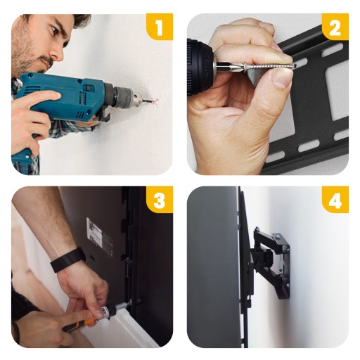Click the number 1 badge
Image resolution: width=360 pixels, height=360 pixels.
[x=160, y=27]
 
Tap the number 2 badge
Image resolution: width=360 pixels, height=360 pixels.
[x=335, y=27]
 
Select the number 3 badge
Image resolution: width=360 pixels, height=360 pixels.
[x=160, y=200]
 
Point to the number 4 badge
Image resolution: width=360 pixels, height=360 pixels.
[x=335, y=200]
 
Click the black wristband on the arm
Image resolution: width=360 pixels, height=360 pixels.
[x=67, y=259]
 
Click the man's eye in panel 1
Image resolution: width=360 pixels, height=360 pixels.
[x=53, y=30]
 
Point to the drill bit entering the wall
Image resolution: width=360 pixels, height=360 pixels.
[x=144, y=101]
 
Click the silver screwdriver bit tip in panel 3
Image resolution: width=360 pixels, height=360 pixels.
[x=123, y=305]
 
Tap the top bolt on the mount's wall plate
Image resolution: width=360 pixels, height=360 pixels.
[x=277, y=238]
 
